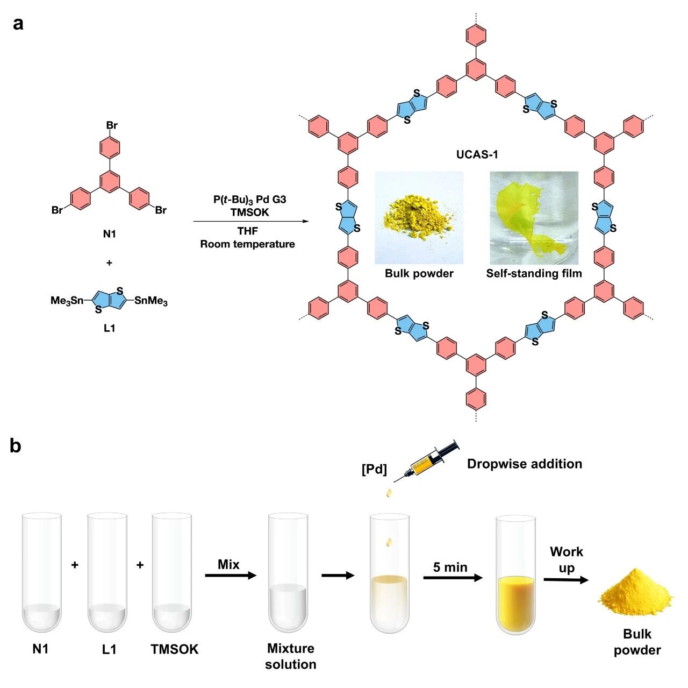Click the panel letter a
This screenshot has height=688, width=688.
click(x=18, y=24)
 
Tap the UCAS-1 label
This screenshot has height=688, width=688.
click(x=477, y=154)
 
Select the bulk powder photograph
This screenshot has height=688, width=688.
click(x=419, y=218)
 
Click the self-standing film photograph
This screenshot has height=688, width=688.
click(x=534, y=218)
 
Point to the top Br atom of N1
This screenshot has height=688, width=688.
click(x=112, y=125)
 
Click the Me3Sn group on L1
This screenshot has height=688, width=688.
click(x=67, y=301)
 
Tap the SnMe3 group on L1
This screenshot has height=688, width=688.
click(x=150, y=301)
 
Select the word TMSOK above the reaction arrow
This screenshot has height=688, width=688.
click(x=249, y=212)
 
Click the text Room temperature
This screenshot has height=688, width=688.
click(x=247, y=244)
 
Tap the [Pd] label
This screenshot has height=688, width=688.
click(x=374, y=469)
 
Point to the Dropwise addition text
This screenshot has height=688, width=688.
click(x=525, y=464)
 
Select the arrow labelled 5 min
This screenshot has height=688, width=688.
click(x=453, y=578)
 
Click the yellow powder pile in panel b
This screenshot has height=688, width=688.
click(x=635, y=593)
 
